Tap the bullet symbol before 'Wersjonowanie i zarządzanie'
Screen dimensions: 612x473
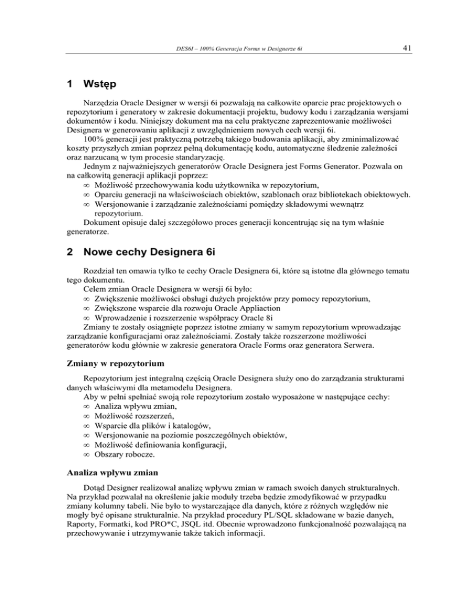[87, 206]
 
